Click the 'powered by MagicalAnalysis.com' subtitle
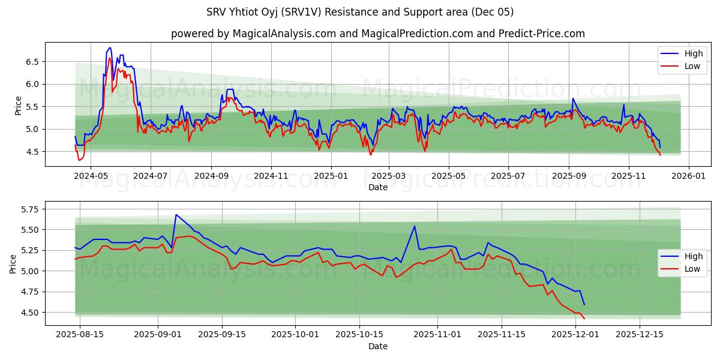point(377,34)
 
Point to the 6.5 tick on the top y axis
point(32,62)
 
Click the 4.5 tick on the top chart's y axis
point(32,152)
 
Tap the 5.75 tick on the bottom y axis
point(29,209)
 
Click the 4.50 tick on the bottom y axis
point(29,313)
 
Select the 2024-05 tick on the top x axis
point(91,176)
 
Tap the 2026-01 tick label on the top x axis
point(688,176)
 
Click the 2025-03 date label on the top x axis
point(389,176)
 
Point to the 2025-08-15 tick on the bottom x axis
point(80,335)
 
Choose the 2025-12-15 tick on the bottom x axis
point(640,335)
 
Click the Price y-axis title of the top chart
point(18,106)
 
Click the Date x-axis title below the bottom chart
point(377,346)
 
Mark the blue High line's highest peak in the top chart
point(110,48)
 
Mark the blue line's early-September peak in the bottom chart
point(176,215)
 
